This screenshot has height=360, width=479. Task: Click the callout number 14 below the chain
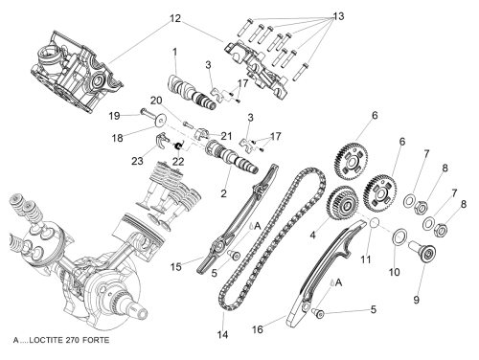[x=223, y=334]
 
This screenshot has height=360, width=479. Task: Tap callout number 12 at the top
[x=175, y=18]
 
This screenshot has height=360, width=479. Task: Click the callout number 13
[x=338, y=15]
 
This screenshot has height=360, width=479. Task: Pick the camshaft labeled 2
[x=232, y=156]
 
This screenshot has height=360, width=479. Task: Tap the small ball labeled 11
[x=375, y=222]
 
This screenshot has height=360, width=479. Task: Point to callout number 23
[x=137, y=161]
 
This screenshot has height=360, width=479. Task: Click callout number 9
[x=416, y=300]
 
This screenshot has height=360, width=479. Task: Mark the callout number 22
[x=178, y=162]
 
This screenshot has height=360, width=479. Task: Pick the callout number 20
[x=156, y=101]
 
